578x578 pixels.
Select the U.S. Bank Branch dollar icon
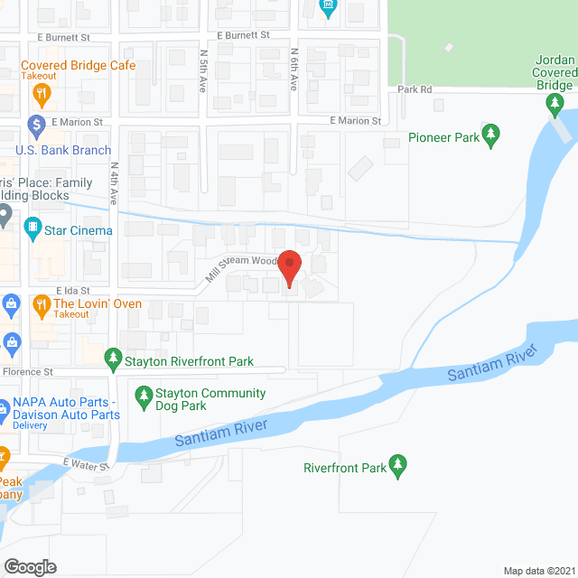pos(37,122)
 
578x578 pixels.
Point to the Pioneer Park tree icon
pos(491,135)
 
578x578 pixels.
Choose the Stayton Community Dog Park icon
pos(143,395)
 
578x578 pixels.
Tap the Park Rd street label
pos(415,89)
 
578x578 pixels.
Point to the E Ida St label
pos(73,291)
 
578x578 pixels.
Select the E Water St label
pos(86,464)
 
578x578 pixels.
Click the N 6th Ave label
pos(294,70)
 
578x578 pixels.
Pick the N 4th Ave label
pos(114,183)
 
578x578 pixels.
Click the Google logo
pos(30,566)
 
